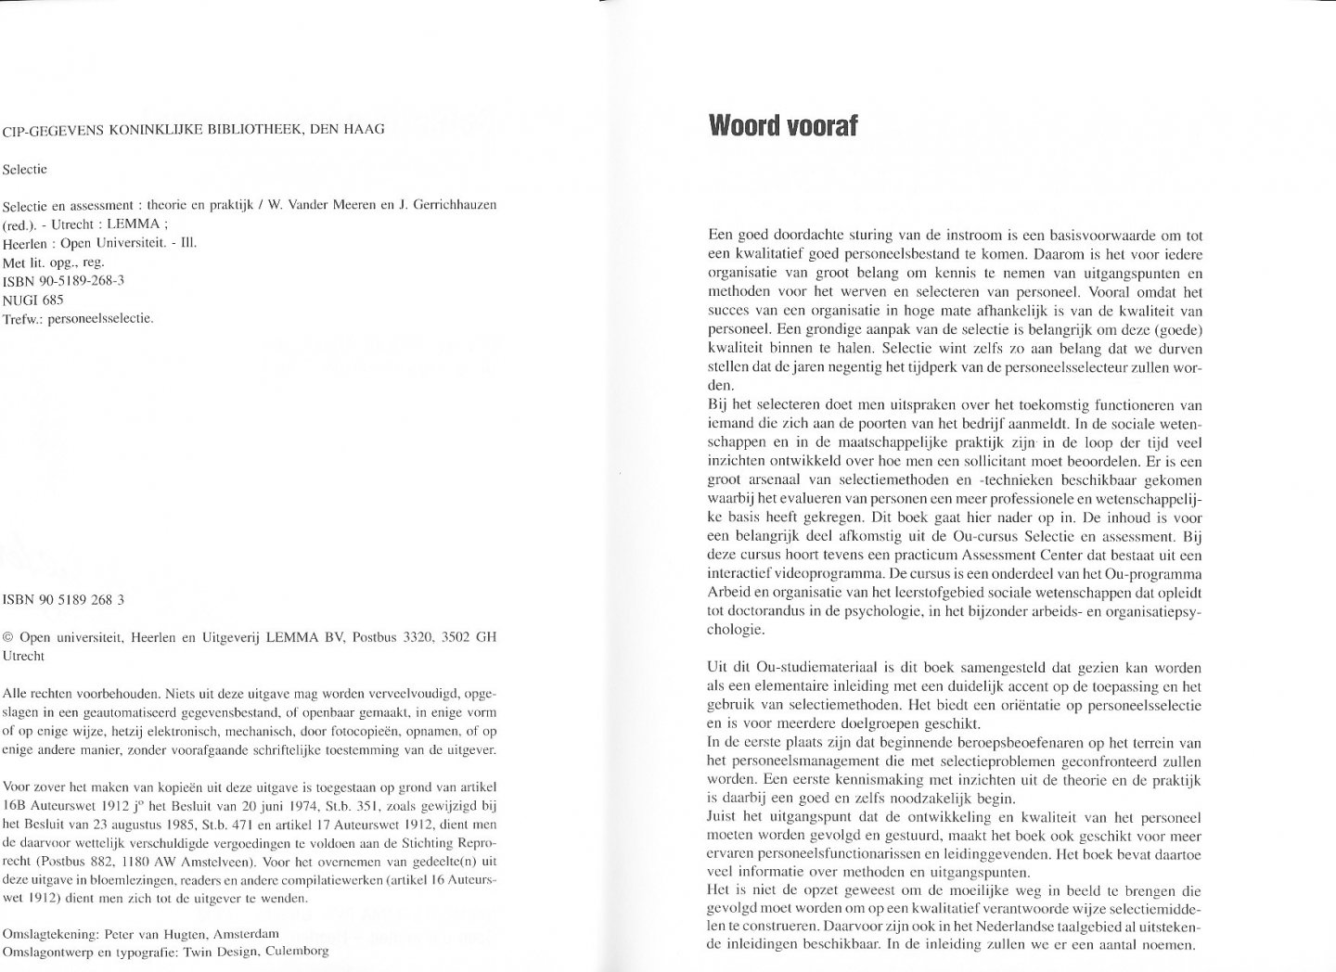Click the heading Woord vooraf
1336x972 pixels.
coord(783,125)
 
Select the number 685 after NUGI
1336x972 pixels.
coord(53,300)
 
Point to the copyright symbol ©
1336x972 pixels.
coord(9,636)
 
